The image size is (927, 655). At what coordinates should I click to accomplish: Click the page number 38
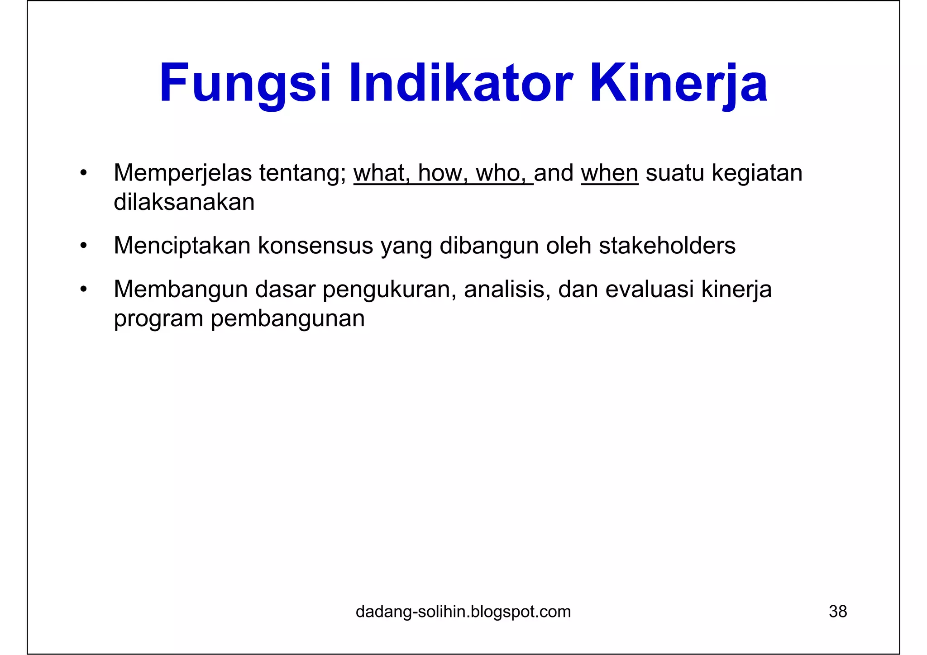[x=837, y=612]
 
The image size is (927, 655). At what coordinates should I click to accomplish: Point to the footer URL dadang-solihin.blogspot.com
[x=463, y=612]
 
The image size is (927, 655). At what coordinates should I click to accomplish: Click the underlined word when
[x=609, y=173]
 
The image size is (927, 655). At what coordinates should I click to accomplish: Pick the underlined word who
[x=501, y=173]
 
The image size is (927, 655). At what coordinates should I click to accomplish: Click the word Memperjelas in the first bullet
[x=183, y=173]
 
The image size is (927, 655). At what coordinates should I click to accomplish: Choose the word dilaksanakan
[x=184, y=202]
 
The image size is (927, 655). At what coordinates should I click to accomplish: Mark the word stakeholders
[x=667, y=246]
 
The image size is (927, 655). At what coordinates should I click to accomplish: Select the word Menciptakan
[x=182, y=246]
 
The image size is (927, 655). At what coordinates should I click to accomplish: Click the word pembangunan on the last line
[x=287, y=318]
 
